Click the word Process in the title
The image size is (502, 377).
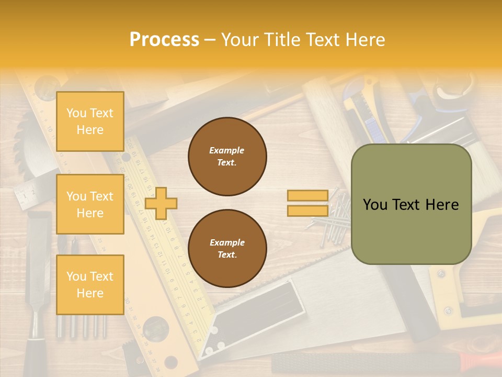tap(164, 40)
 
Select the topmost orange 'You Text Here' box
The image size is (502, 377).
tap(90, 121)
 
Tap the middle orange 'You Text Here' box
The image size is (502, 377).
tap(90, 204)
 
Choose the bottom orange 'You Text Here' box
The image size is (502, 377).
tap(90, 284)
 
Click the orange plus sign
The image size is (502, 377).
tap(161, 203)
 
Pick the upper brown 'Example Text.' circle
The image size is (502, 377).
tap(227, 157)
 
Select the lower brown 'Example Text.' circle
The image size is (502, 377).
tap(227, 249)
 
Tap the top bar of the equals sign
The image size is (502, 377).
tap(308, 195)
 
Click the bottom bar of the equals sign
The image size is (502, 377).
tap(308, 210)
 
